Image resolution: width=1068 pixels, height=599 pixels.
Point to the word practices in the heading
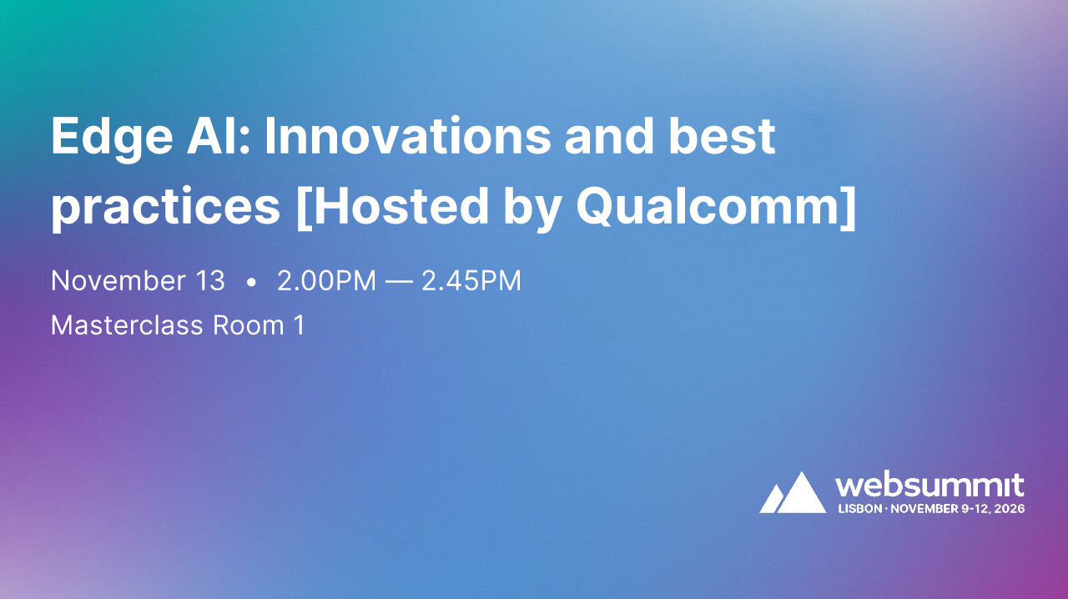pos(165,207)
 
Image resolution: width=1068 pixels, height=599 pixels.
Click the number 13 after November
pos(209,281)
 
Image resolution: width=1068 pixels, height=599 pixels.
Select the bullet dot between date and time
pos(251,283)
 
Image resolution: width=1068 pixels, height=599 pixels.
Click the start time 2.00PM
pos(326,281)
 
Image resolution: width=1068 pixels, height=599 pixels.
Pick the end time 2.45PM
pos(471,281)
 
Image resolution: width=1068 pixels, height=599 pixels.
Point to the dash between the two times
pos(399,282)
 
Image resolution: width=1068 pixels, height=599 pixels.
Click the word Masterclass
pos(126,325)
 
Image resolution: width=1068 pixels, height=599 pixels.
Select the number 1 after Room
pos(300,325)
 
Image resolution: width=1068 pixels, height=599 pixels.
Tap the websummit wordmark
pos(929,486)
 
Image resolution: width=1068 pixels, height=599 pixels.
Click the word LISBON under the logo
pos(859,508)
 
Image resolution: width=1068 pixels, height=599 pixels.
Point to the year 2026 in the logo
pos(1008,508)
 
